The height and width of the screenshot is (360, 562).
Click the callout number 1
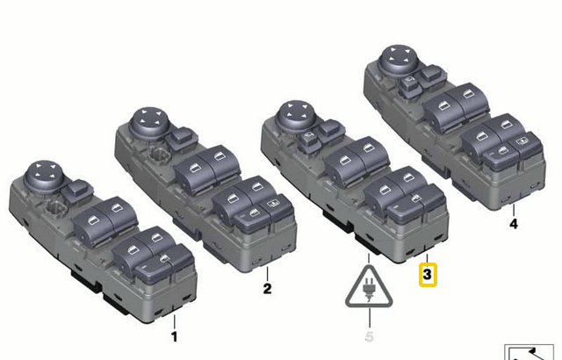174,335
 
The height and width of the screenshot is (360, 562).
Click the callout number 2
268,287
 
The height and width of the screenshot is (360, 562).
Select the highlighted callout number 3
427,276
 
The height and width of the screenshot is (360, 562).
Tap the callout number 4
514,224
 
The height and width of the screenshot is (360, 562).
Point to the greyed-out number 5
370,335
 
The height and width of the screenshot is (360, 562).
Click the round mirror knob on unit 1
41,172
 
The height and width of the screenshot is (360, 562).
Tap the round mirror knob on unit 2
147,120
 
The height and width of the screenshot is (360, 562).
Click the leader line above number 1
174,320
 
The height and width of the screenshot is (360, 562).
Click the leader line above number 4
514,209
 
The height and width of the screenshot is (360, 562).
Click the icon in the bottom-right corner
532,351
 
